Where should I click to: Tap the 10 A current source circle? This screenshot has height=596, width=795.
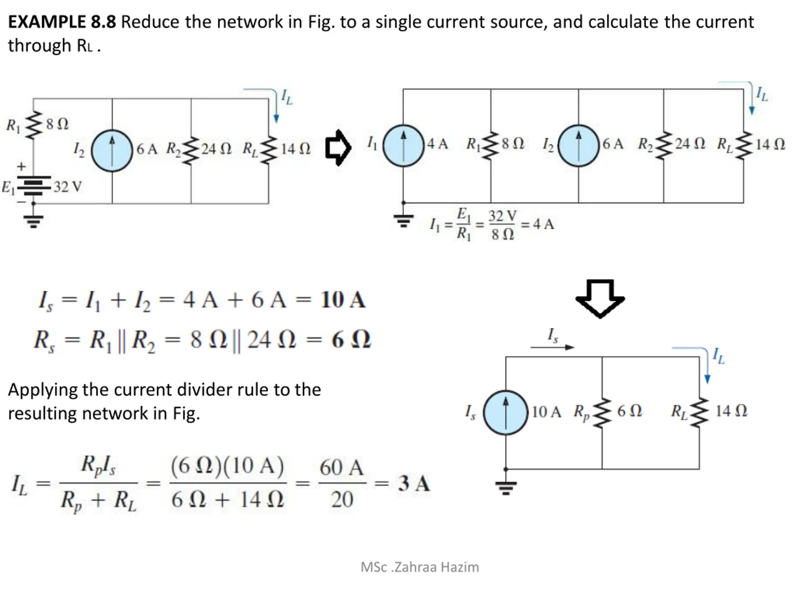(506, 413)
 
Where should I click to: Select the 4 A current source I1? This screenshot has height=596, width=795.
(403, 146)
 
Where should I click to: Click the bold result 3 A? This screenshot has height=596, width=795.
(414, 483)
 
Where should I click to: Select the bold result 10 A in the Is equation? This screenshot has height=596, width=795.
(343, 300)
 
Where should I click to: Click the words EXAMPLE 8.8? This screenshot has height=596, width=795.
(62, 22)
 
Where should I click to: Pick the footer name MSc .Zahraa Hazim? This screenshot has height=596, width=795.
(420, 567)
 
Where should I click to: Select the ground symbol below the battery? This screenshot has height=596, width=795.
(34, 221)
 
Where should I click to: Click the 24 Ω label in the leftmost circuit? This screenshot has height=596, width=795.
(216, 148)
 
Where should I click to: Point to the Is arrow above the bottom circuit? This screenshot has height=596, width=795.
(552, 347)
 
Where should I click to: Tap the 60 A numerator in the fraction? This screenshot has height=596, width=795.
(341, 468)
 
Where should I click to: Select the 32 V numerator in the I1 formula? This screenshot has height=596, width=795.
(502, 216)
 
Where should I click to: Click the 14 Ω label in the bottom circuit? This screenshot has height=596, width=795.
(731, 411)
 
